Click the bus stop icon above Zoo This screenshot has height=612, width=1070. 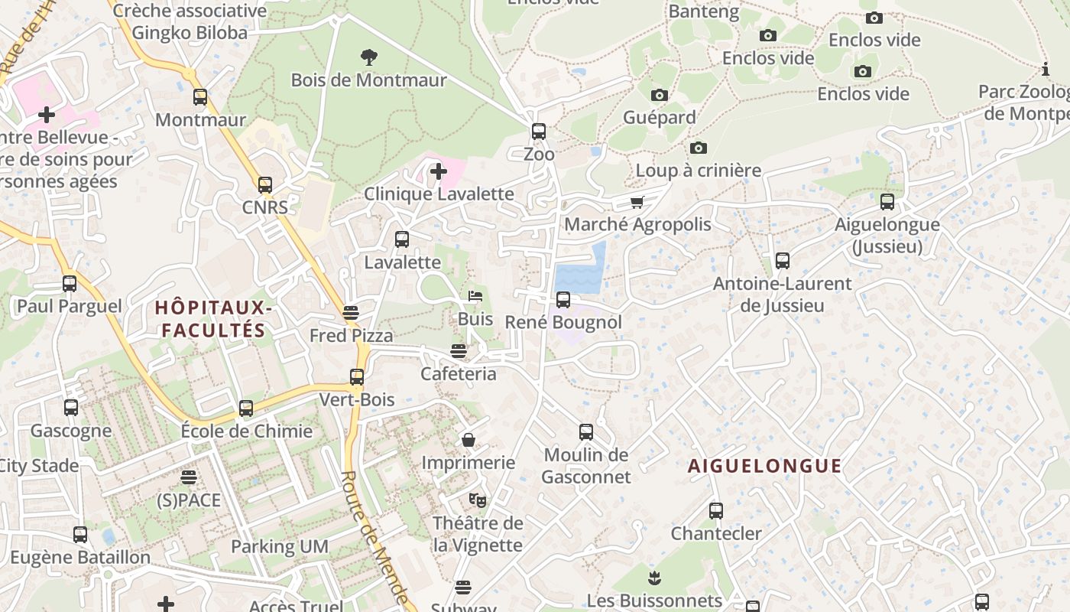[x=539, y=132]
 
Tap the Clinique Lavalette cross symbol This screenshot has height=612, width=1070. [x=438, y=171]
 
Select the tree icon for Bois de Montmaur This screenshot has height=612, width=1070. [x=368, y=57]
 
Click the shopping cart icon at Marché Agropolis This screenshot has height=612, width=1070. [x=637, y=202]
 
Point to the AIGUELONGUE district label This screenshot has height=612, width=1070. [x=765, y=466]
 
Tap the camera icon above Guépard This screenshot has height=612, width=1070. [x=659, y=95]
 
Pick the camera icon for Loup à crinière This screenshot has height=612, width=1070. [x=698, y=148]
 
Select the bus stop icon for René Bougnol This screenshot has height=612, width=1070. [x=563, y=300]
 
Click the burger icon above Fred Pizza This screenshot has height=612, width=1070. [x=351, y=313]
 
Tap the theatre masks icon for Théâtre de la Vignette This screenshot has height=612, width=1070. [x=478, y=500]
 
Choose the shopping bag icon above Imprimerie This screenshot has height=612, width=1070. [x=469, y=440]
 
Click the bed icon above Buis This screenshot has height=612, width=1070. [x=475, y=296]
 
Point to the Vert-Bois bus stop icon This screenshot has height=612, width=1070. [x=357, y=377]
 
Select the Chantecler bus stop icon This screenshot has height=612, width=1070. [x=716, y=511]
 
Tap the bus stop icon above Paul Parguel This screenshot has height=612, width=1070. [x=70, y=284]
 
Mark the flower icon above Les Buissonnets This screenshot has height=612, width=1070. [x=653, y=577]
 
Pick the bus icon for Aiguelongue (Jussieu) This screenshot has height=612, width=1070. [x=887, y=202]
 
